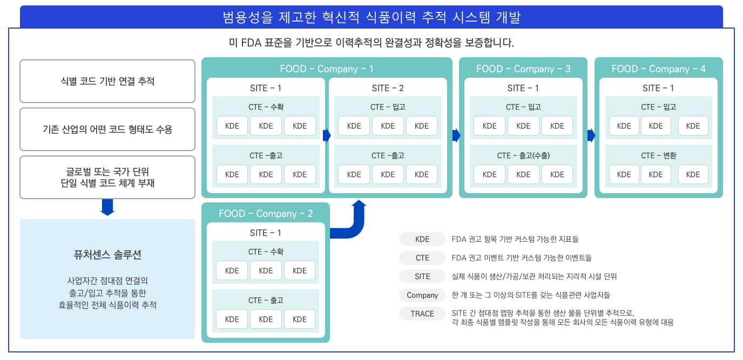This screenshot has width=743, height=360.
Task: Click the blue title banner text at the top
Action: click(x=371, y=17)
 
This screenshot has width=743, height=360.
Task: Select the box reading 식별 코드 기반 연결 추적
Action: click(x=107, y=81)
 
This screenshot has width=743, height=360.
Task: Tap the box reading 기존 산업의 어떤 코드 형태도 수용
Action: click(x=107, y=129)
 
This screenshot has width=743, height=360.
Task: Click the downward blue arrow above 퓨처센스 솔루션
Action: click(x=107, y=207)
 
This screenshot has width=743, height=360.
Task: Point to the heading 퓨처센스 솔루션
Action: click(x=107, y=254)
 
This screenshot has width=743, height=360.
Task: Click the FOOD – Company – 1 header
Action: click(x=327, y=69)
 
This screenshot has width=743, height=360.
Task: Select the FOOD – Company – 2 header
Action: click(x=266, y=214)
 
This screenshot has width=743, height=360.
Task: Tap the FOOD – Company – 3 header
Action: click(x=523, y=69)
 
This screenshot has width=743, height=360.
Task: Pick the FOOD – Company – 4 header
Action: click(x=658, y=69)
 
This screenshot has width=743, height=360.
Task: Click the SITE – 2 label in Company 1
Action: click(x=388, y=88)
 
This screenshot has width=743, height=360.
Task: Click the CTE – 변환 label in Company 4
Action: click(x=658, y=155)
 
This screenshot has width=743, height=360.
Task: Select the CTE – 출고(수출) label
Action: click(x=523, y=155)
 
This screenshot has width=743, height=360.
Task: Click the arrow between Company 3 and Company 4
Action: click(x=591, y=135)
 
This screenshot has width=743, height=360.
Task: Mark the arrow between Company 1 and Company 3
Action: click(x=456, y=135)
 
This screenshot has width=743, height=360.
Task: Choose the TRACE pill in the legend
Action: click(x=422, y=314)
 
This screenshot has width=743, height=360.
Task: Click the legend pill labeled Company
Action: click(x=422, y=295)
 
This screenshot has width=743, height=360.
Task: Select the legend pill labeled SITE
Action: click(x=422, y=276)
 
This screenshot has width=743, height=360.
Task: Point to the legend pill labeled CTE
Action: click(x=422, y=258)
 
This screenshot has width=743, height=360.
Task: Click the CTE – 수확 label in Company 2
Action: click(x=266, y=252)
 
